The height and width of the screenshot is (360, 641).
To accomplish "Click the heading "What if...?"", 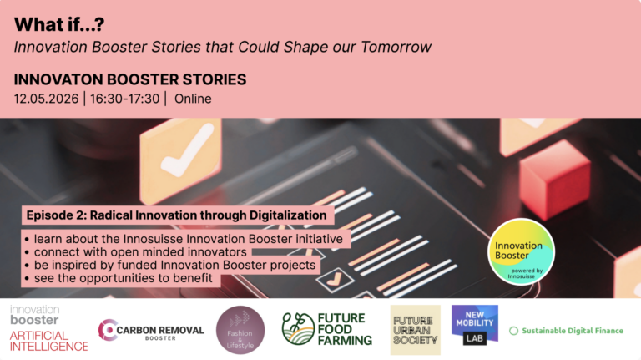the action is pyautogui.click(x=59, y=24).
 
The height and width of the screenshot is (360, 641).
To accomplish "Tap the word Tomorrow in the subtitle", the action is pyautogui.click(x=396, y=47).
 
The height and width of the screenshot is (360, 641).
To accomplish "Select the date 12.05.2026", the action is pyautogui.click(x=46, y=99).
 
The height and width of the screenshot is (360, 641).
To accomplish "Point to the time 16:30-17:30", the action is pyautogui.click(x=124, y=99).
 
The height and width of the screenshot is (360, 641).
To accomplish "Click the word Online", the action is pyautogui.click(x=193, y=99).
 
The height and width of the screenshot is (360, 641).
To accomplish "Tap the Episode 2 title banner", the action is pyautogui.click(x=178, y=215).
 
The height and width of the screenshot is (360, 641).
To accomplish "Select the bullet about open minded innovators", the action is pyautogui.click(x=136, y=251).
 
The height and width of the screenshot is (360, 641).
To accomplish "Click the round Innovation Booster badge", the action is pyautogui.click(x=521, y=251).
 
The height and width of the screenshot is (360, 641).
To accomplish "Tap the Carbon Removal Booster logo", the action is pyautogui.click(x=151, y=330).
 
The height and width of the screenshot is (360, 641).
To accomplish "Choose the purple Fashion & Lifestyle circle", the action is pyautogui.click(x=240, y=330).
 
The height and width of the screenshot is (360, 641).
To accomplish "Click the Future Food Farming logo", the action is pyautogui.click(x=327, y=329).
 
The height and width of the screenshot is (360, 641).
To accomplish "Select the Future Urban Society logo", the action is pyautogui.click(x=416, y=330).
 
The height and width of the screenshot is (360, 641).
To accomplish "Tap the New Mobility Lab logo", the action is pyautogui.click(x=475, y=325).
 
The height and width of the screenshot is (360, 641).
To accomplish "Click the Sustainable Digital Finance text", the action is pyautogui.click(x=573, y=331).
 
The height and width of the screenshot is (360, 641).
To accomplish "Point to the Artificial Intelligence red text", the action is pyautogui.click(x=48, y=341).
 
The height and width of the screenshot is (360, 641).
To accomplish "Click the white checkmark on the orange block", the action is pyautogui.click(x=188, y=150).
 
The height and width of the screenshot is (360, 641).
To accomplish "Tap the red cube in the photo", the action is pyautogui.click(x=555, y=179).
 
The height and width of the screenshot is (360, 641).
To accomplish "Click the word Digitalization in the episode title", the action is pyautogui.click(x=288, y=215).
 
